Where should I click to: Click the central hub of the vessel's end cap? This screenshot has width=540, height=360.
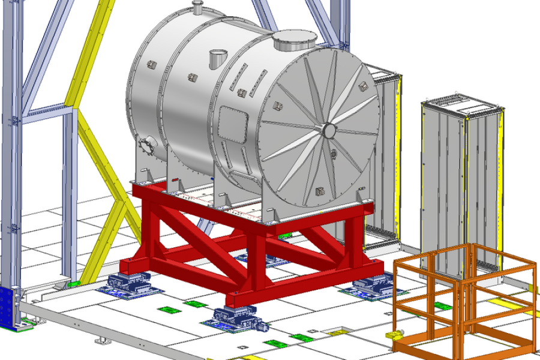[x=328, y=130]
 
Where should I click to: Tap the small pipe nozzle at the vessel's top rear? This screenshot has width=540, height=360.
[x=197, y=7]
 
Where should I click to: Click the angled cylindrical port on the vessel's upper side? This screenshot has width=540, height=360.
[x=217, y=60]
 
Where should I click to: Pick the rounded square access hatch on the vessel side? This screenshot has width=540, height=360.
[x=233, y=124]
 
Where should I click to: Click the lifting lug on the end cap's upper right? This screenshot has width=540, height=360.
[x=363, y=85]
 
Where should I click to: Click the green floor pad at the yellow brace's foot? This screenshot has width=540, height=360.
[x=76, y=283]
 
